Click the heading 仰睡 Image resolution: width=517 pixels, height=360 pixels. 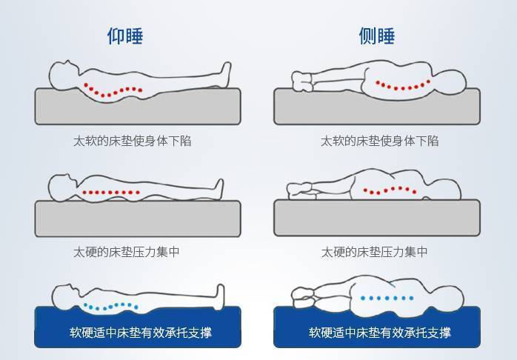125,36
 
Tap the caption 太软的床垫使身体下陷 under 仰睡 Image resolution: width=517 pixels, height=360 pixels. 132,140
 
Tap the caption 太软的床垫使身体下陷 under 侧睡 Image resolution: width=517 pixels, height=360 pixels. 379,140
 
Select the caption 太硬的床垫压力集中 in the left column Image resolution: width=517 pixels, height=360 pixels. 126,252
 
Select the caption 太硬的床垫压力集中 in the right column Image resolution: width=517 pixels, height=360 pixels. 374,252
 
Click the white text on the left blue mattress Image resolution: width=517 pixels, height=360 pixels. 140,333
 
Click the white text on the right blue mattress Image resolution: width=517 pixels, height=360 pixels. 379,333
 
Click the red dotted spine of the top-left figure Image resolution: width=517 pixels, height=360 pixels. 112,90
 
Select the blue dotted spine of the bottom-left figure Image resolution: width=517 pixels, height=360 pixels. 111,305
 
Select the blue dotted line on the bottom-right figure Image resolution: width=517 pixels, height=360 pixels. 386,298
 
